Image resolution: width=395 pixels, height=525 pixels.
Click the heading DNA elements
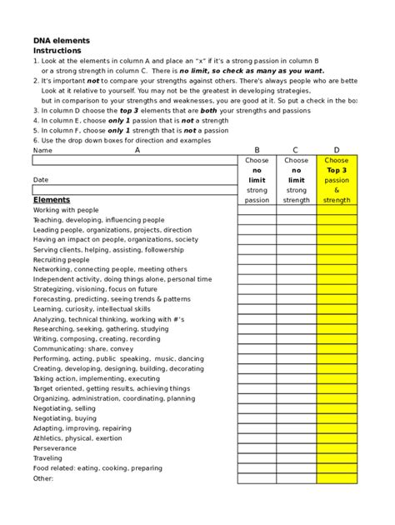[61, 40]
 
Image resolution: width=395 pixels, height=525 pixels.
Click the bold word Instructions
[57, 50]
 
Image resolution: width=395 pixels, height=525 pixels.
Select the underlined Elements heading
[52, 200]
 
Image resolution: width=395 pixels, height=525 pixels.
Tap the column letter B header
[257, 150]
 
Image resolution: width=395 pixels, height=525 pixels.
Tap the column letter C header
[296, 150]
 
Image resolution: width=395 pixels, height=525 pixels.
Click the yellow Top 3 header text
[337, 169]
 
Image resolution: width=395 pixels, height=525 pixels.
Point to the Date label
[41, 180]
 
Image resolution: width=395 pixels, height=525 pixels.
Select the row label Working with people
[66, 210]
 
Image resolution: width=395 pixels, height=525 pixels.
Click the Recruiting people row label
[61, 260]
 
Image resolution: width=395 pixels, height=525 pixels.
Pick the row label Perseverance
[55, 448]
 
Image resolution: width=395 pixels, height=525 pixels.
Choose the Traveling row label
[47, 458]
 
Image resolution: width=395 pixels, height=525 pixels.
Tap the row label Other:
[43, 478]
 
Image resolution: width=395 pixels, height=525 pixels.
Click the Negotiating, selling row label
[64, 408]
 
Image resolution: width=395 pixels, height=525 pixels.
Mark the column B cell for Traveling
[257, 458]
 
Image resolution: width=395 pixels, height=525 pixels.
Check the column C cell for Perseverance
[296, 448]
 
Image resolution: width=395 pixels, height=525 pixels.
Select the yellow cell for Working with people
[337, 210]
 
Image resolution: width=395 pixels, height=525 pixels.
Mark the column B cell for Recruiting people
[257, 260]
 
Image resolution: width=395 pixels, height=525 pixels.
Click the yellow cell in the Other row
[337, 478]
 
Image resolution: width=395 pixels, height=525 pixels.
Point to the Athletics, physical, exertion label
[77, 438]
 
